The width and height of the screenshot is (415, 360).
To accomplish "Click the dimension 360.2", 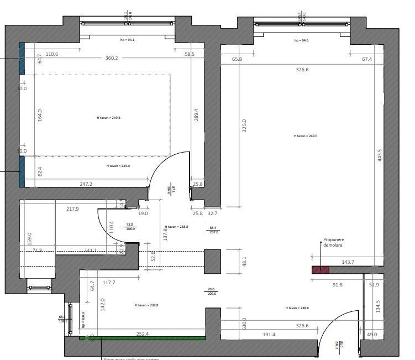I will (112, 58).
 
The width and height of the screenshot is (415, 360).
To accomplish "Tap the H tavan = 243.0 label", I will (118, 166).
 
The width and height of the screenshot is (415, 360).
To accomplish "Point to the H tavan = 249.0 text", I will (306, 135).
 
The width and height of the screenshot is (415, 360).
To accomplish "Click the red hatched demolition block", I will (320, 270).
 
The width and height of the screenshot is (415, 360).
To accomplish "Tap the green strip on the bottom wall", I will (143, 338).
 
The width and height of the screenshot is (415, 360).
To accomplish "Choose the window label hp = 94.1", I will (128, 40).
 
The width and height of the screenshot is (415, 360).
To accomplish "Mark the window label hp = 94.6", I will (301, 40).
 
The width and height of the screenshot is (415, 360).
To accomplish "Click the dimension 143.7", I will (348, 262).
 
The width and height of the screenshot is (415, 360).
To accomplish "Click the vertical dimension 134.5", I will (379, 307).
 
